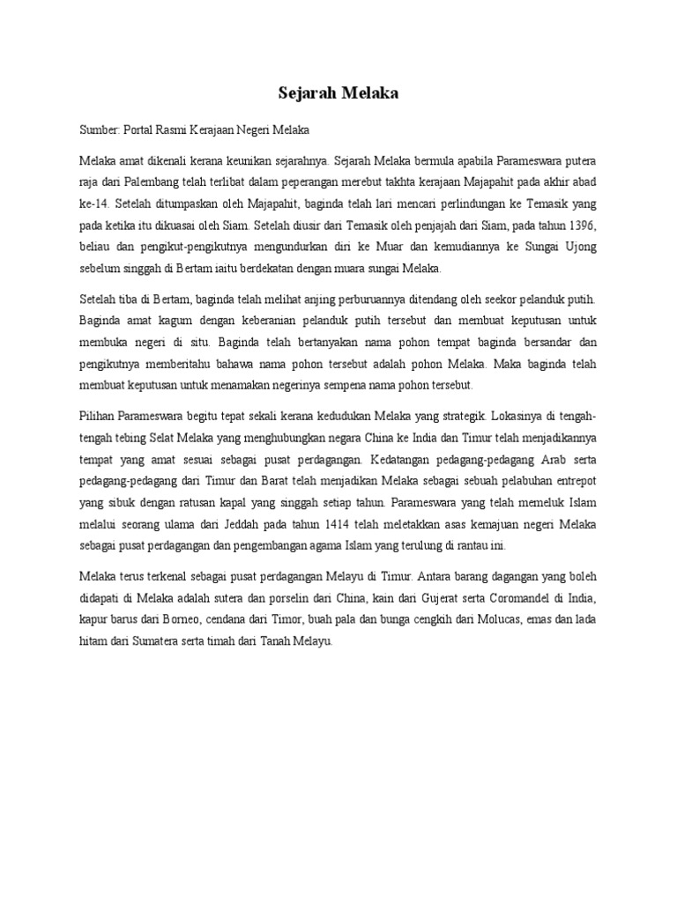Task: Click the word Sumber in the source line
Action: coord(100,130)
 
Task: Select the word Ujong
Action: coord(580,248)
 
